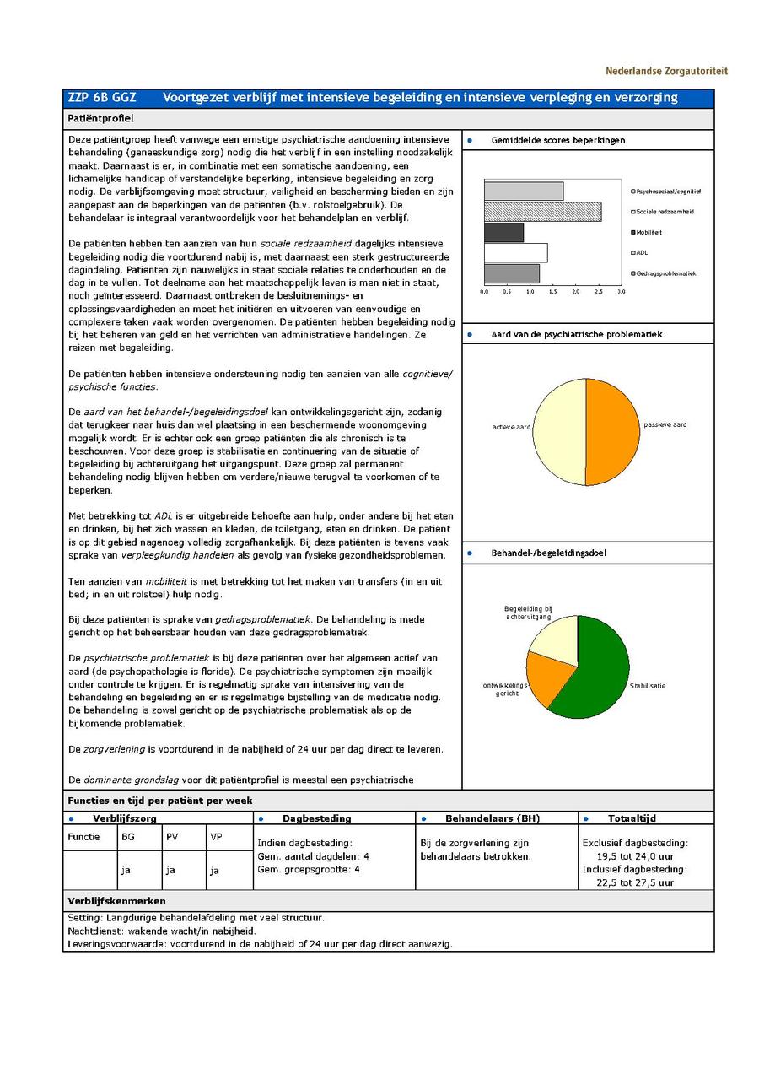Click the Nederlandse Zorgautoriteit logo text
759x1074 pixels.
[x=665, y=71]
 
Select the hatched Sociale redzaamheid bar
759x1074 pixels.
[x=542, y=212]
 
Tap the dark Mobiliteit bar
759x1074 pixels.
[x=503, y=232]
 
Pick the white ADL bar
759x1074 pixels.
[x=515, y=253]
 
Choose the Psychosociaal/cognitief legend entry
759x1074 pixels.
[x=668, y=192]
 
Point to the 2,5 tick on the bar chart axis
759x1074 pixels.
[x=599, y=292]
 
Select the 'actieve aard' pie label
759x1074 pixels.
[x=511, y=427]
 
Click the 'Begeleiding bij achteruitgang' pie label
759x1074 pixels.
[x=528, y=613]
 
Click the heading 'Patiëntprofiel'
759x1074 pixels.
[x=100, y=119]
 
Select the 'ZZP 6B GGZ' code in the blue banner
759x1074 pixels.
[x=102, y=98]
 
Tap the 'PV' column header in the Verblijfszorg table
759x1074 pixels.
[x=172, y=837]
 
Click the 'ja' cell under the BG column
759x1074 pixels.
[x=127, y=870]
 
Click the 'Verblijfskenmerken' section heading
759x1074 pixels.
[x=116, y=901]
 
